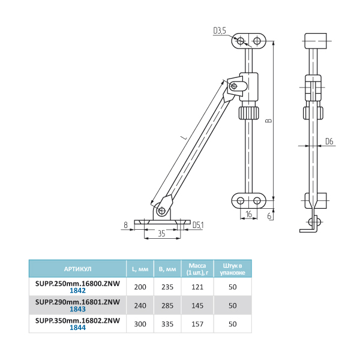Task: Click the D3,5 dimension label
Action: click(x=220, y=31)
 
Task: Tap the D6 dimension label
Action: click(x=329, y=142)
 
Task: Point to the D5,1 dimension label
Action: click(x=199, y=225)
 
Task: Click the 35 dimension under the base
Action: click(x=162, y=234)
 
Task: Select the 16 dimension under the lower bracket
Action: click(x=249, y=214)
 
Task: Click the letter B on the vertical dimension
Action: click(x=269, y=121)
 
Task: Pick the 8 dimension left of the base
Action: click(x=125, y=225)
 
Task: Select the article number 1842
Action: click(x=77, y=291)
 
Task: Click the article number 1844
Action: click(x=77, y=328)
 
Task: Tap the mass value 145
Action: click(x=198, y=305)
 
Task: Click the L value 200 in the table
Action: click(x=140, y=287)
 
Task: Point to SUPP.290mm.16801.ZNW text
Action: click(x=77, y=302)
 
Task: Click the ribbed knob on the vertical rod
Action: click(x=248, y=112)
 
